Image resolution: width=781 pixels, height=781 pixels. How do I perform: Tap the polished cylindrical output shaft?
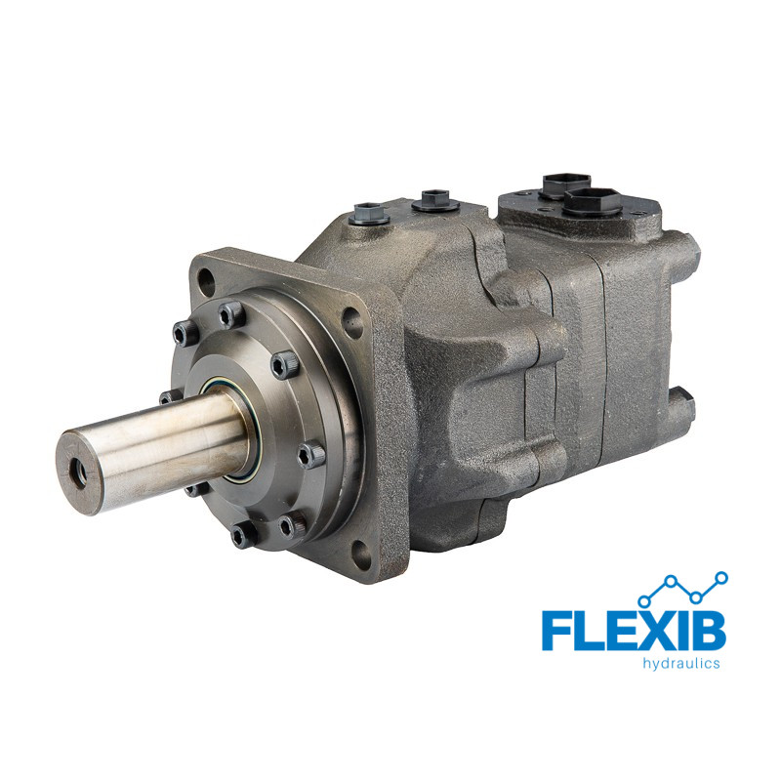tap(154, 451)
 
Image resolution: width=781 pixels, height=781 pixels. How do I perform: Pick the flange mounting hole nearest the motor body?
tap(352, 323)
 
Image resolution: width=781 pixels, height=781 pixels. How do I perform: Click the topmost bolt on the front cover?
tap(232, 314)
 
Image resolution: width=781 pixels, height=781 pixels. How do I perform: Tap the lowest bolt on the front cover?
tap(245, 534)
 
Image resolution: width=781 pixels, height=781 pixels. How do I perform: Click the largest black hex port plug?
tap(594, 202)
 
